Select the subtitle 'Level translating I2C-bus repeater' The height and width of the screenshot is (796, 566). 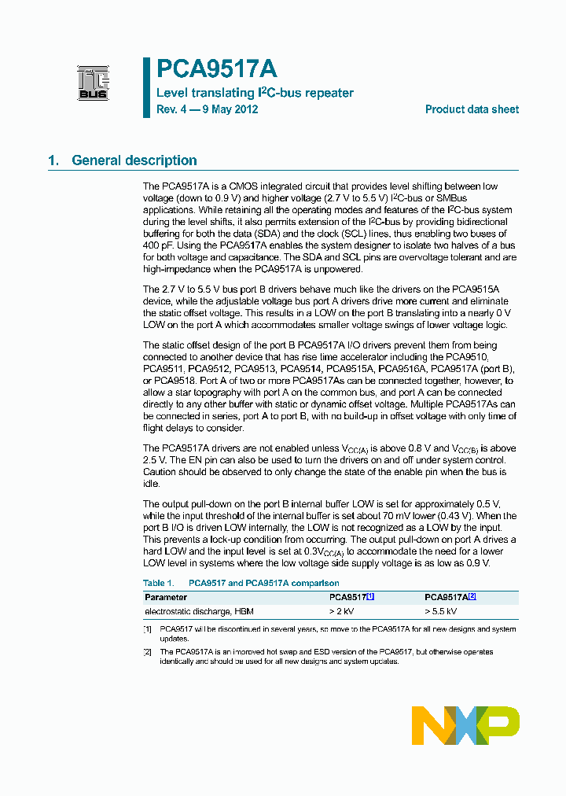pos(255,93)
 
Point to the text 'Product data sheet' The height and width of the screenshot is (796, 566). pos(472,109)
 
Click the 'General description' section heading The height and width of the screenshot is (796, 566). pos(134,160)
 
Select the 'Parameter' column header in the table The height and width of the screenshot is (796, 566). pos(166,597)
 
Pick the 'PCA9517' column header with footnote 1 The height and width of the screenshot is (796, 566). pos(351,597)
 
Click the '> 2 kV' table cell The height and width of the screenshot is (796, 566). pos(342,611)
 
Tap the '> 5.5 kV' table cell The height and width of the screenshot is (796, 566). pos(440,611)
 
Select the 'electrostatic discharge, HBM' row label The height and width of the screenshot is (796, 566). pos(199,611)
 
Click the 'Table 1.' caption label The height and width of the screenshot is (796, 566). pos(158,583)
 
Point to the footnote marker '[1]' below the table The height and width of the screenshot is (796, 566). pos(147,629)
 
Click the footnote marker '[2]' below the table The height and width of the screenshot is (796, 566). pos(147,652)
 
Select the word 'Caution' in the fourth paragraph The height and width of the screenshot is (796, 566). pos(161,472)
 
